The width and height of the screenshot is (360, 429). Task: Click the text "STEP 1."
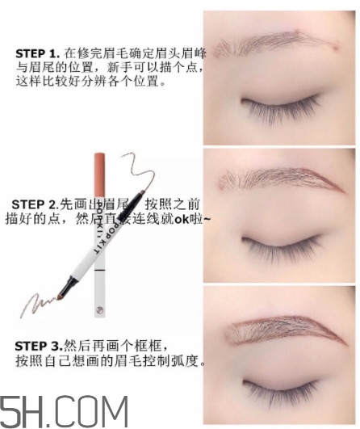[x=36, y=53]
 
